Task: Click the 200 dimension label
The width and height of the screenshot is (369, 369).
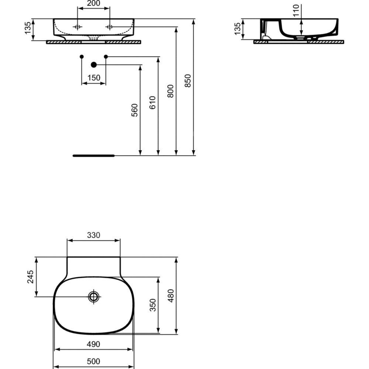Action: tap(93, 3)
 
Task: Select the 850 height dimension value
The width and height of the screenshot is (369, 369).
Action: tap(188, 81)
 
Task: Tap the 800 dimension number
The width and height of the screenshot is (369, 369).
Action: tap(170, 91)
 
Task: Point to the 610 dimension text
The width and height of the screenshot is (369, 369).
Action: tap(152, 103)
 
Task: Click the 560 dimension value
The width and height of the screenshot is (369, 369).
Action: tap(134, 110)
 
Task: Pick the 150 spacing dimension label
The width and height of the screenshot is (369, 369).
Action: tap(94, 77)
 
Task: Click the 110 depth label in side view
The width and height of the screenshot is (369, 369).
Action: tap(296, 10)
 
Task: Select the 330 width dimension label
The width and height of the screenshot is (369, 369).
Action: tap(94, 235)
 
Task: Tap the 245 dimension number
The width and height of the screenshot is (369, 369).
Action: tap(31, 277)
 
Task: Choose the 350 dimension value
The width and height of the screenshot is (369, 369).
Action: tap(153, 305)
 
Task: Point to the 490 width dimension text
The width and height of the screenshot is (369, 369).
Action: tap(93, 344)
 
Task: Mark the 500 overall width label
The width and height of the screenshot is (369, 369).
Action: tap(93, 361)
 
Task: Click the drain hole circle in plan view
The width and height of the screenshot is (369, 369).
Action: tap(94, 297)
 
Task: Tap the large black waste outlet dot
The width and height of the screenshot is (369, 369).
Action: tap(94, 65)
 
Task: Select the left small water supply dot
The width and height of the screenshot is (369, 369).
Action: tap(82, 57)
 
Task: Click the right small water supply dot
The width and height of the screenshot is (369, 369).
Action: tap(106, 57)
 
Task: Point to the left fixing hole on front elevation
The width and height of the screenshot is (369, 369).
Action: tap(77, 27)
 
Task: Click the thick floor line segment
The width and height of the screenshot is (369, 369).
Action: tap(94, 156)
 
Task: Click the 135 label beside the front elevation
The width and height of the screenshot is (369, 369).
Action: tap(28, 28)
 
